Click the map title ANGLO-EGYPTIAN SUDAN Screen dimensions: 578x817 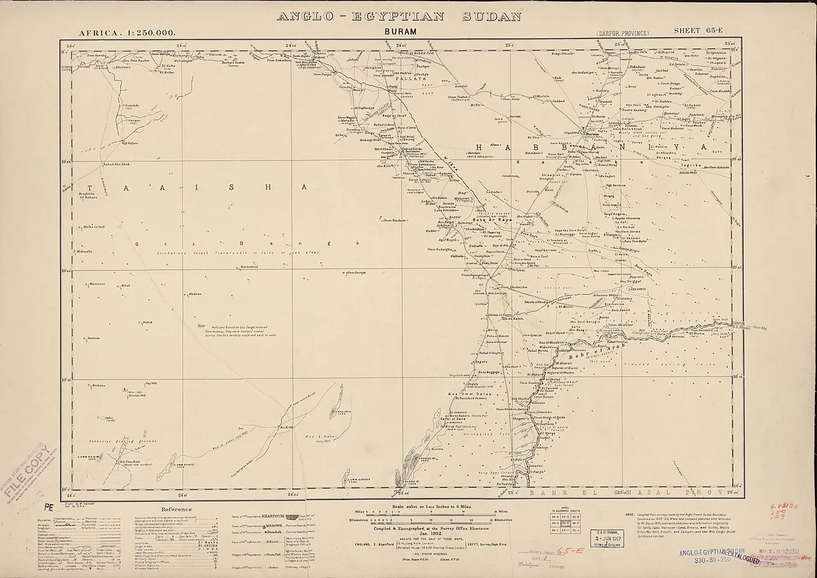pos(400,17)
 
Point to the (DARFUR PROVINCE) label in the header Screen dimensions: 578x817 pos(624,32)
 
